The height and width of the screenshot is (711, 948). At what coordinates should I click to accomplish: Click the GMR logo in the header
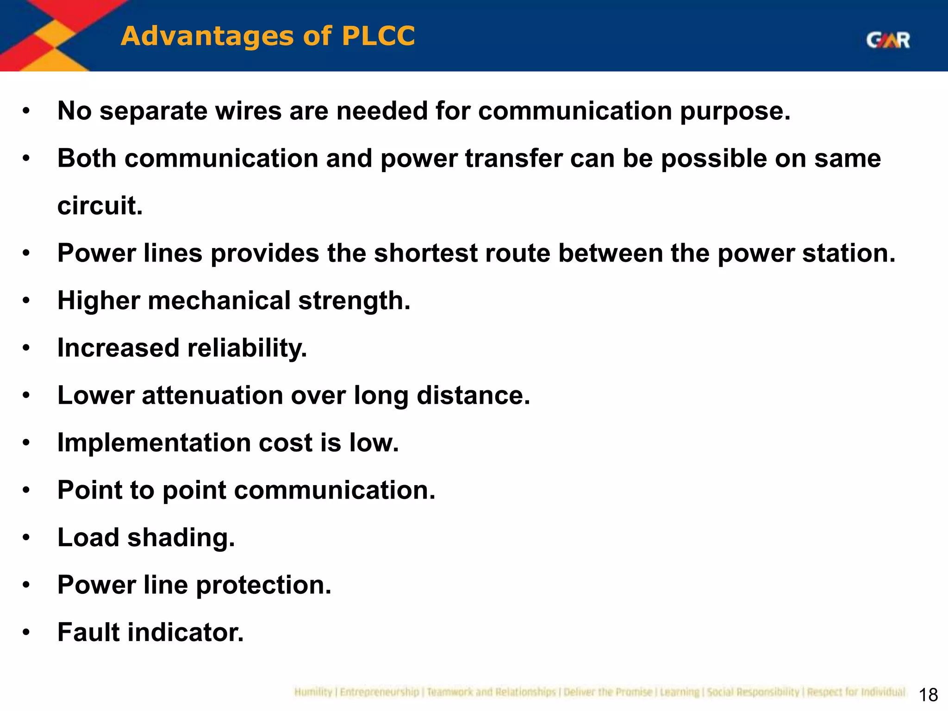[x=888, y=40]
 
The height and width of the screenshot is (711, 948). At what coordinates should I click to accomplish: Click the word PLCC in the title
[x=378, y=36]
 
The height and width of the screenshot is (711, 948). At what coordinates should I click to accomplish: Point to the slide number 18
[x=928, y=695]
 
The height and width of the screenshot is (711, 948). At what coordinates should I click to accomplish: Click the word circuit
[x=100, y=206]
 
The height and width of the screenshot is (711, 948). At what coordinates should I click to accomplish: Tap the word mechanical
[x=219, y=301]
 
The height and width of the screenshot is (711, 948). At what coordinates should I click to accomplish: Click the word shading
[x=181, y=538]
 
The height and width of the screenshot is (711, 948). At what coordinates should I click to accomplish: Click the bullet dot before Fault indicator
[x=26, y=632]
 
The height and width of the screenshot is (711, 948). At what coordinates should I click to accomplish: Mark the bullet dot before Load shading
[x=26, y=538]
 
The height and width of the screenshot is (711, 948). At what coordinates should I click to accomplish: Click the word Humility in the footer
[x=313, y=692]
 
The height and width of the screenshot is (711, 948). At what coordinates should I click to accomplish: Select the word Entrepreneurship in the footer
[x=380, y=692]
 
